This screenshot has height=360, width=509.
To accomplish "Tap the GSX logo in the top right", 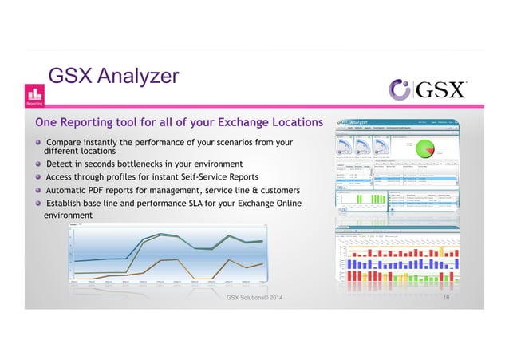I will tap(427, 89).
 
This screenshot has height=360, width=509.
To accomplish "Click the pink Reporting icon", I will tap(35, 95).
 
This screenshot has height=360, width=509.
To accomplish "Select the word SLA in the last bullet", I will tap(195, 204).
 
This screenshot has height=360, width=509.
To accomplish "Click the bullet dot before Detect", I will tap(37, 163).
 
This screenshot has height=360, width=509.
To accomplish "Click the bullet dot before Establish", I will tap(37, 204).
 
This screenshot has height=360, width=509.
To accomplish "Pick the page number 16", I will tap(447, 297).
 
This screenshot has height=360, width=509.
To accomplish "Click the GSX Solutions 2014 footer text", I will tap(254, 298).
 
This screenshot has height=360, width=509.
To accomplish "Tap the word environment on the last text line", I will tap(68, 216).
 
